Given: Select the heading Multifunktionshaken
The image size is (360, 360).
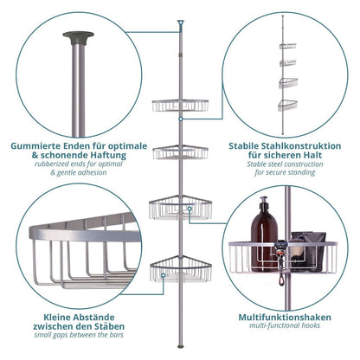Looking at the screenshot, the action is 285,318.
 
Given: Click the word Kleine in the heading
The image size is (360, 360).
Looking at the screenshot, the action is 57,318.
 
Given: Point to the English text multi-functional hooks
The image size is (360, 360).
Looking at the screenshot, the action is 285,325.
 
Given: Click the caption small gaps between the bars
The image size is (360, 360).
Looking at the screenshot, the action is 79,335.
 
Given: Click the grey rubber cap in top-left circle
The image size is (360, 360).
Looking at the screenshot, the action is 78,37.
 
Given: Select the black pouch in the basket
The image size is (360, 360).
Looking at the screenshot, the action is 308,251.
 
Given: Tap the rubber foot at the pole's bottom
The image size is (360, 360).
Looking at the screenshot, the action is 181,346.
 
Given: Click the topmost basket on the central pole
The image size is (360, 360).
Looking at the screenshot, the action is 180,106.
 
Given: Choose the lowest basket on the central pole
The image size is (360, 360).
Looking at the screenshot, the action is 181,268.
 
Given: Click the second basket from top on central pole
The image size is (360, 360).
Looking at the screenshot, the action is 181,152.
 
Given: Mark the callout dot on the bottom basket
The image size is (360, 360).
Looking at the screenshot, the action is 164,275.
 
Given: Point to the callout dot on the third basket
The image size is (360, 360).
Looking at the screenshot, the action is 190,208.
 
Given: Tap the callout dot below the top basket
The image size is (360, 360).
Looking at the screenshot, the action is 180,119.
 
